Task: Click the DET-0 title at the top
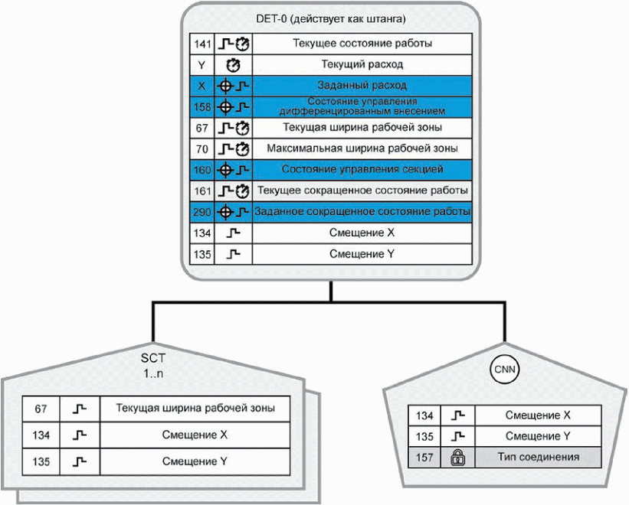(330, 18)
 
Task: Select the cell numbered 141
(202, 44)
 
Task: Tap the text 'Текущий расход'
(362, 64)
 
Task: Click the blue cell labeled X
(202, 86)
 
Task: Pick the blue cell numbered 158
(202, 107)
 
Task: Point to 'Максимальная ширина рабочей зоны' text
(362, 148)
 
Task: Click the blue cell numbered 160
(202, 170)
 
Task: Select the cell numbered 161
(202, 191)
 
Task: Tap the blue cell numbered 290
(202, 212)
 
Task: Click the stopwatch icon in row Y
(233, 65)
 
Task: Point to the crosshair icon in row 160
(225, 170)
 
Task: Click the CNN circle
(505, 370)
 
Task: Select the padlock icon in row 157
(457, 458)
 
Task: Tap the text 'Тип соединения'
(539, 457)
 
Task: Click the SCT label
(152, 357)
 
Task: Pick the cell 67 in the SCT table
(41, 409)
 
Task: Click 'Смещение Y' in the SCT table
(195, 461)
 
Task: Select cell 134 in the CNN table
(424, 415)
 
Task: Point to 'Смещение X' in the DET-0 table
(362, 233)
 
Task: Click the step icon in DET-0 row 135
(233, 254)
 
